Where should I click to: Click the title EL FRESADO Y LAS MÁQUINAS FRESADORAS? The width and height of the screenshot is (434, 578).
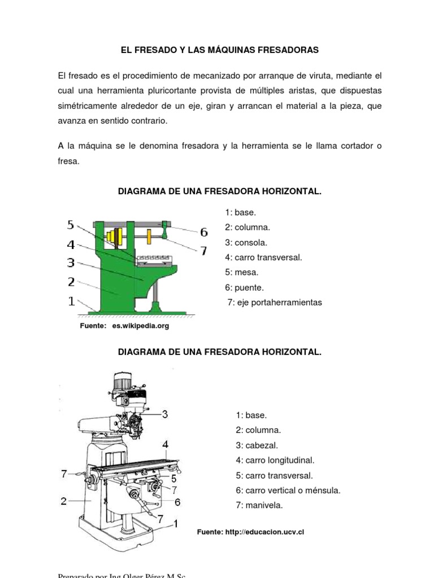pyautogui.click(x=220, y=50)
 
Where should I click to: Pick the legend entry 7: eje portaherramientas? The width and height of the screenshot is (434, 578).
pyautogui.click(x=275, y=303)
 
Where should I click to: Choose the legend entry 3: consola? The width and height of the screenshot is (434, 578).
pyautogui.click(x=246, y=243)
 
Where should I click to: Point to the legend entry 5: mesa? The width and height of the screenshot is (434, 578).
pyautogui.click(x=242, y=273)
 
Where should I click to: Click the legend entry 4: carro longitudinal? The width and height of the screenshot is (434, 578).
pyautogui.click(x=275, y=461)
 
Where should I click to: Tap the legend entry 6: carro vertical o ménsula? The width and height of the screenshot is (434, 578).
pyautogui.click(x=288, y=491)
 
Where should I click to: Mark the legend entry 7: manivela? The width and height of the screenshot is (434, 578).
pyautogui.click(x=259, y=505)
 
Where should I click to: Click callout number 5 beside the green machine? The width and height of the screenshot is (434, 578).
pyautogui.click(x=71, y=225)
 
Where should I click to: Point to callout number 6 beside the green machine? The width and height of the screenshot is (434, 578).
pyautogui.click(x=203, y=232)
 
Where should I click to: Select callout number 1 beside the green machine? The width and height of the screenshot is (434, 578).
pyautogui.click(x=71, y=301)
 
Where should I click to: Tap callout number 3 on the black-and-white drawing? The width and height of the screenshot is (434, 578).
pyautogui.click(x=165, y=414)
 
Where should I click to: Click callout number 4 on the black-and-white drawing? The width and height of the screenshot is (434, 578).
pyautogui.click(x=165, y=445)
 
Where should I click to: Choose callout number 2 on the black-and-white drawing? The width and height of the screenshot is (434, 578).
pyautogui.click(x=64, y=500)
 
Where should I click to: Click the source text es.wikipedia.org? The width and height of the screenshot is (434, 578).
pyautogui.click(x=140, y=326)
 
